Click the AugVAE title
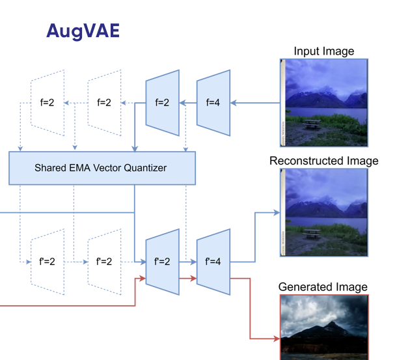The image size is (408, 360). point(83,31)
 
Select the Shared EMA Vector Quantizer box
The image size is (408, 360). point(102,168)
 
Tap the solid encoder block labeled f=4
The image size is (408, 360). point(213,102)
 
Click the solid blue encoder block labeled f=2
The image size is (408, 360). point(162,102)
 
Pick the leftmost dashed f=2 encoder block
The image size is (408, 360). point(47,102)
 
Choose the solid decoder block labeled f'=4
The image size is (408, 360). point(213,262)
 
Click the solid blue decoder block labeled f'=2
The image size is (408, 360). point(162,262)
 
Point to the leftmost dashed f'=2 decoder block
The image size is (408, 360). point(47,262)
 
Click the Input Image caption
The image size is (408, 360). point(323,51)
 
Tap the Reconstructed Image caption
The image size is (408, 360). point(323,161)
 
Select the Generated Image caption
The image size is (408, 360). point(323,287)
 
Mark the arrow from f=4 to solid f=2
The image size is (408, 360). point(188,102)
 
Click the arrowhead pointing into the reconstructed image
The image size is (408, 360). point(276,212)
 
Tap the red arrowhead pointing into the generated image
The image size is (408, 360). point(276,339)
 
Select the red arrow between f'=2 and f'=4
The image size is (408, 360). point(188,278)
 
